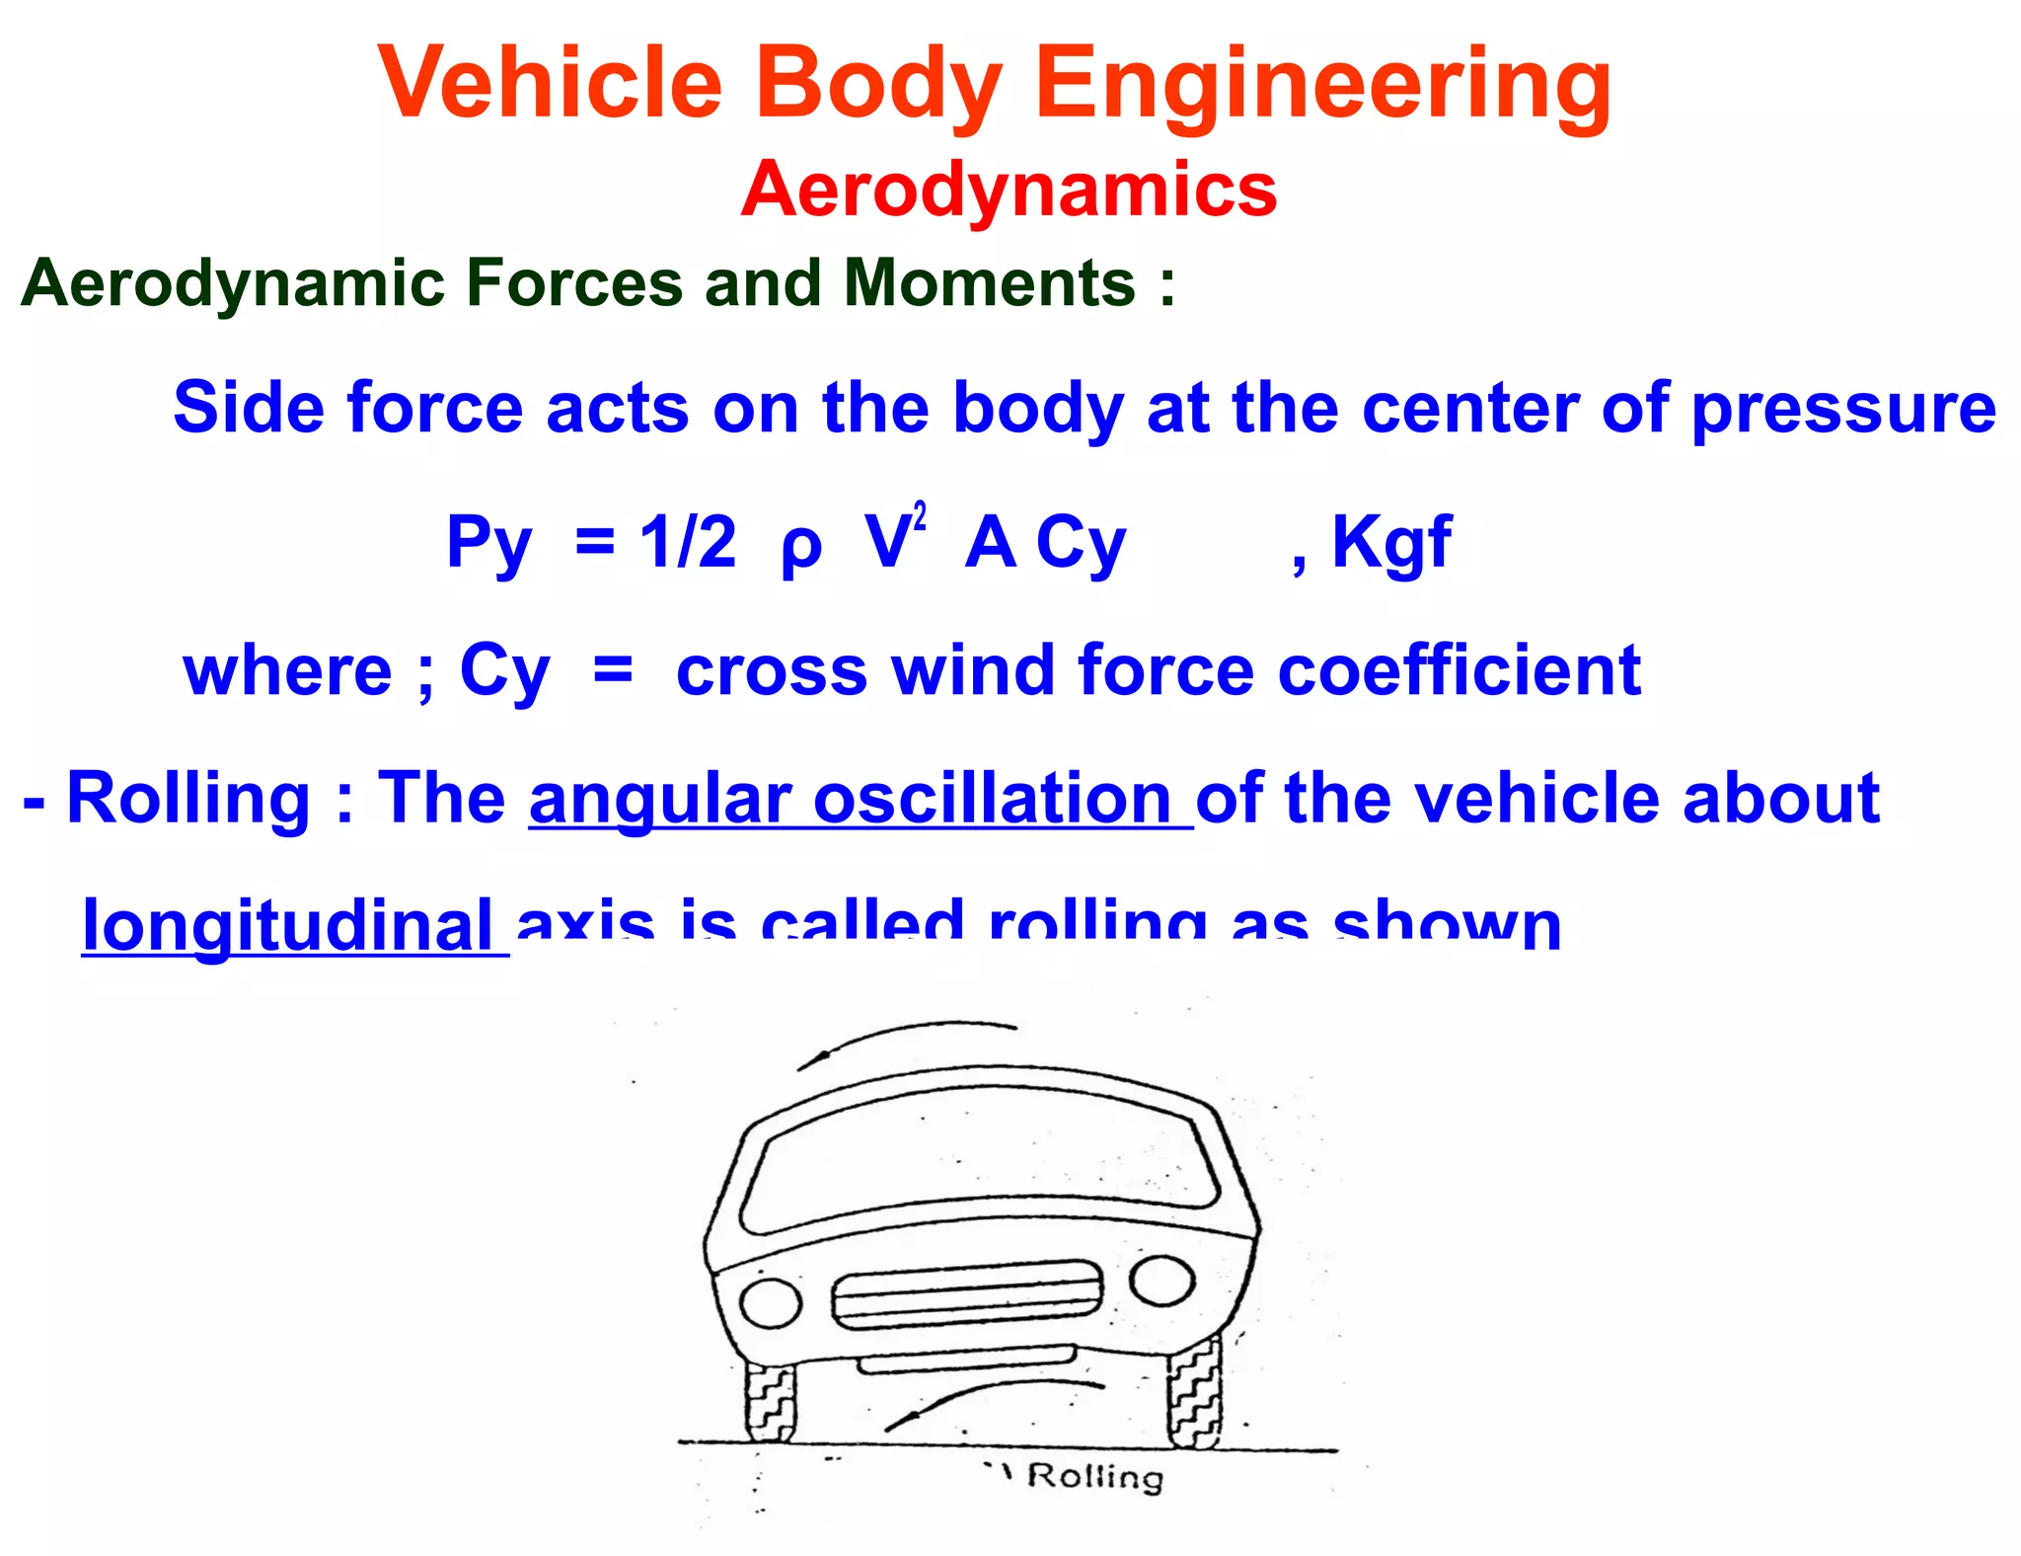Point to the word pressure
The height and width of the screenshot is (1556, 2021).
pos(1843,410)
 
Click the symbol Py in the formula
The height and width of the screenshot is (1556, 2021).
pos(488,543)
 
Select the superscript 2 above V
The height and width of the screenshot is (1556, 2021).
pos(920,517)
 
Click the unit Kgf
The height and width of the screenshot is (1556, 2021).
pos(1390,543)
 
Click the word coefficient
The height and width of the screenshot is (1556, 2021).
pos(1459,671)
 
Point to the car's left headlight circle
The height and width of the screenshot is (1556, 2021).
pos(771,1303)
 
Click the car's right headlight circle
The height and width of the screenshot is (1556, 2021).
pos(1161,1281)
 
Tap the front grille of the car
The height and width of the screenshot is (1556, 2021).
pos(967,1295)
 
